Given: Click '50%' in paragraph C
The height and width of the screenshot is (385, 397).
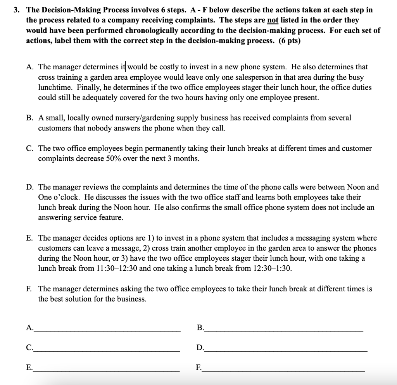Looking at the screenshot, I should [x=114, y=159].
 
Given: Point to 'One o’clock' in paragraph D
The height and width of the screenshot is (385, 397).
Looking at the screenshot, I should [x=54, y=197].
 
